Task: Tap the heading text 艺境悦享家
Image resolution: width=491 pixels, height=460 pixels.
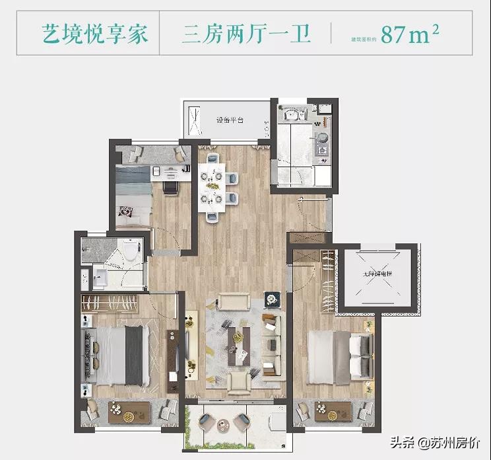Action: [97, 34]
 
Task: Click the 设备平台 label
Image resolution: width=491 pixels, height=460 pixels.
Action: [230, 121]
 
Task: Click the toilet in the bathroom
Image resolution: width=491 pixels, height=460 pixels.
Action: [130, 251]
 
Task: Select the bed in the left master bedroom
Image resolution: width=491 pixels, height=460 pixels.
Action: [119, 354]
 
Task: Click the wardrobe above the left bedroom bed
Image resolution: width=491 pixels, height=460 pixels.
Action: [110, 303]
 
